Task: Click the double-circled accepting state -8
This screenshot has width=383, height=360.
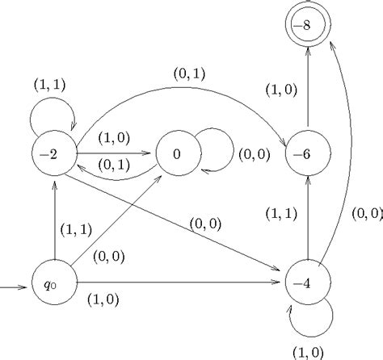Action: (308, 27)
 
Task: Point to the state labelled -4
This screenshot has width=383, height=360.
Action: (308, 283)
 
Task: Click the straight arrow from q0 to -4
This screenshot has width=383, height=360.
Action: (178, 283)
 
